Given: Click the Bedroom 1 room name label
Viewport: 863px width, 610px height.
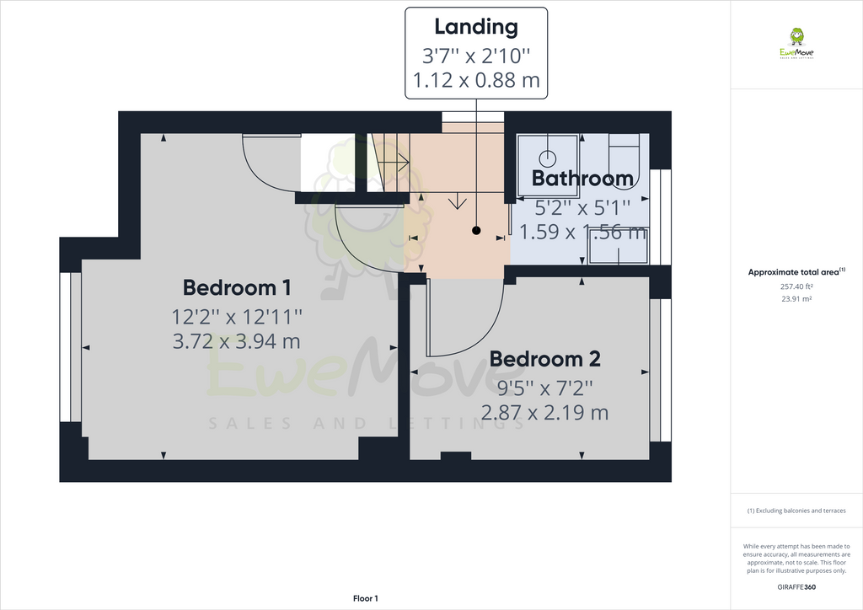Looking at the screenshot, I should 237,288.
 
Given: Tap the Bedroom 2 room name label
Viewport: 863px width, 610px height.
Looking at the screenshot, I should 544,359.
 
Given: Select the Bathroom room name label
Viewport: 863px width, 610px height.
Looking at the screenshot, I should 582,179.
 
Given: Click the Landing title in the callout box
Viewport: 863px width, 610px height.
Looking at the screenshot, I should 476,26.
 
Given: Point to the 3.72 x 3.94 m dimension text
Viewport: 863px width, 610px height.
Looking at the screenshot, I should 237,341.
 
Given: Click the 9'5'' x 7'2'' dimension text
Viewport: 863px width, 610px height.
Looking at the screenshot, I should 544,388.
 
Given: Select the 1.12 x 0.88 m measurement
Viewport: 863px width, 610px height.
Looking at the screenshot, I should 476,82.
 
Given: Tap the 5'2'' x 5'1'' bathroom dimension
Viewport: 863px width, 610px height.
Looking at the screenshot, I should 582,205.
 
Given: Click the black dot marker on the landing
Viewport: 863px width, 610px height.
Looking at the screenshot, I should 476,230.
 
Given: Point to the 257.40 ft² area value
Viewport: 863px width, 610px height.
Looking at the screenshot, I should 796,286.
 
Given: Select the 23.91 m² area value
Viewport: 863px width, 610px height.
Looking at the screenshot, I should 796,299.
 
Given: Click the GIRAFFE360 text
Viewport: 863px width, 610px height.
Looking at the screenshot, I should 796,586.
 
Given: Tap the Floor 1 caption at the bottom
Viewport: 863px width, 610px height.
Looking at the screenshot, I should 365,598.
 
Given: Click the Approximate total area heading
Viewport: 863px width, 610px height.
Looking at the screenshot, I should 796,272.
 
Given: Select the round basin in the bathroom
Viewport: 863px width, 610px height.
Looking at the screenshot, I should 548,157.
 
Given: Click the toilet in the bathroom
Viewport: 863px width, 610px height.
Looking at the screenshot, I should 624,156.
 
